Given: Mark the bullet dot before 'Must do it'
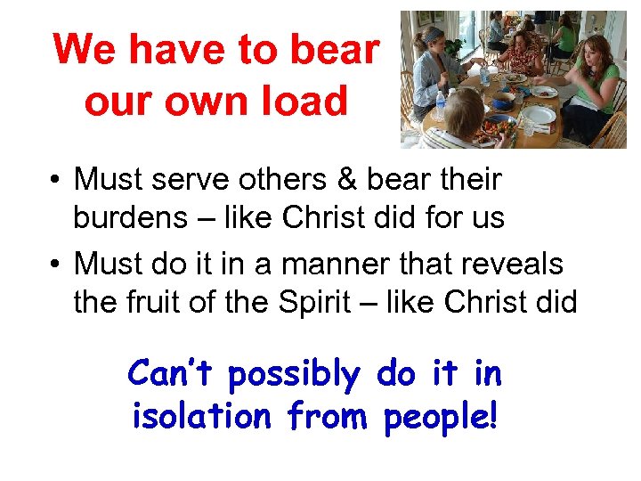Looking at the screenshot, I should point(55,265).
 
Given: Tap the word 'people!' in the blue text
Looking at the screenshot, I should point(440,414).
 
